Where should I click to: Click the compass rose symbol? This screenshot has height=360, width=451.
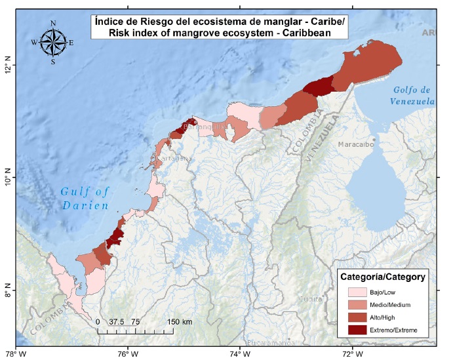(x=53, y=43)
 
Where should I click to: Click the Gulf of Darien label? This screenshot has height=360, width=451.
(x=85, y=198)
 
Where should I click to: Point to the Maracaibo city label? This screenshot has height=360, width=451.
(x=357, y=143)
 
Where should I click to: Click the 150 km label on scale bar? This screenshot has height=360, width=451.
(x=178, y=322)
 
